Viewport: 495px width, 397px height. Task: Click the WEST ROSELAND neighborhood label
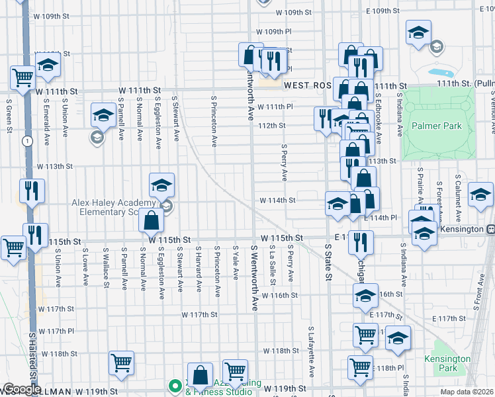(307, 86)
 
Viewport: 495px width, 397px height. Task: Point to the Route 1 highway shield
(26, 141)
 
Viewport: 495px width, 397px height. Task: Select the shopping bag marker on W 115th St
(151, 220)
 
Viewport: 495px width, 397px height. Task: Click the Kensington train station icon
(491, 229)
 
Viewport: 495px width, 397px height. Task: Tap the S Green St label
(10, 116)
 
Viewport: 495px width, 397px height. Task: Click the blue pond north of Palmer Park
(438, 72)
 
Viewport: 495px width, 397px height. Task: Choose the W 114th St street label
(277, 199)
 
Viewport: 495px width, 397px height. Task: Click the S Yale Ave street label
(235, 263)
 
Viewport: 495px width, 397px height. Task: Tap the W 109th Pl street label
(274, 31)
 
